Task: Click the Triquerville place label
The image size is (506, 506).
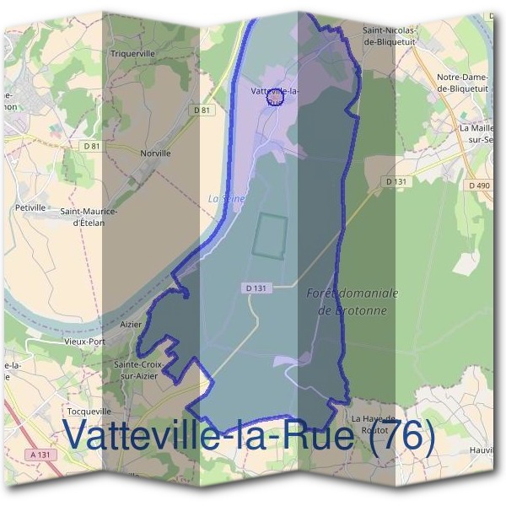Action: coord(133,52)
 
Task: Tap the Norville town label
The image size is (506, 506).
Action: coord(157,153)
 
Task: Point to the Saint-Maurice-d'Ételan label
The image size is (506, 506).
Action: coord(89,217)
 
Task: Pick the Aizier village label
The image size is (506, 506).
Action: coord(131,323)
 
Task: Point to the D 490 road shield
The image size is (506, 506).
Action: coord(478,185)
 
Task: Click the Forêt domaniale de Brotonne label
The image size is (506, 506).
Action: coord(353,301)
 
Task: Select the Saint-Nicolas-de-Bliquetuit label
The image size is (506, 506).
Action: coord(390,34)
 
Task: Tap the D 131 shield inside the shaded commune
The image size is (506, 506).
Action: coord(260,288)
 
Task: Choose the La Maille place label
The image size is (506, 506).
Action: coord(477,132)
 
